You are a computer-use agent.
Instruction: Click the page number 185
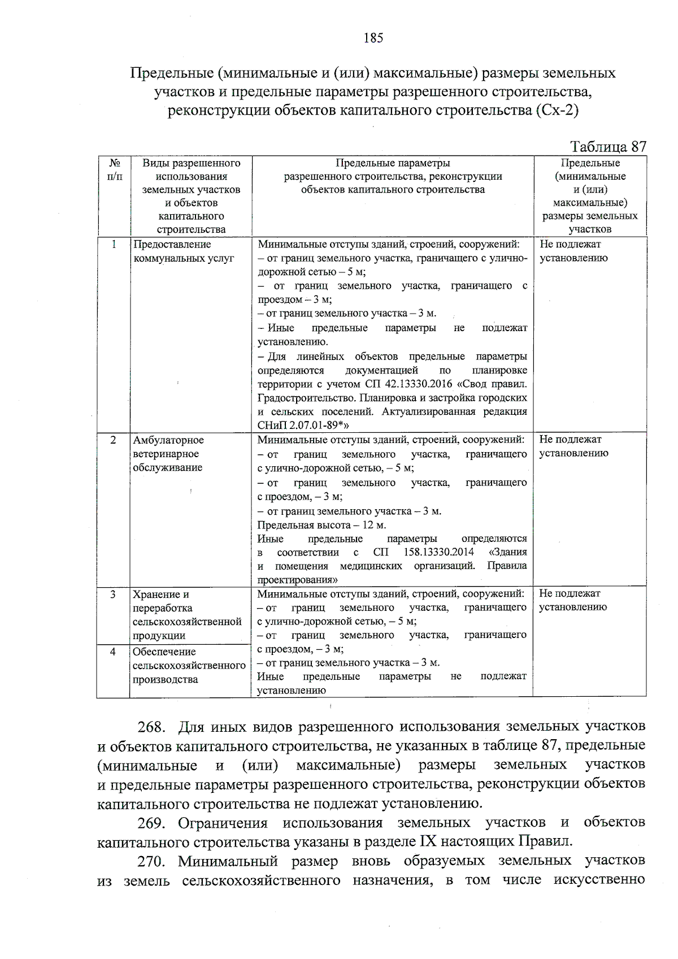pyautogui.click(x=373, y=38)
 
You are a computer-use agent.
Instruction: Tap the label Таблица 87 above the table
pyautogui.click(x=608, y=147)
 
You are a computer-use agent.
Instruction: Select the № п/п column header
pyautogui.click(x=114, y=170)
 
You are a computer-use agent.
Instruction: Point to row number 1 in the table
pyautogui.click(x=114, y=244)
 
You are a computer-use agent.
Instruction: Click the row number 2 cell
pyautogui.click(x=114, y=440)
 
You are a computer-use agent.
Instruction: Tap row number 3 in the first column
pyautogui.click(x=113, y=594)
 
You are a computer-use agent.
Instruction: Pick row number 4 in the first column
pyautogui.click(x=113, y=652)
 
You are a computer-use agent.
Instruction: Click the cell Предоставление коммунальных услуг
pyautogui.click(x=184, y=251)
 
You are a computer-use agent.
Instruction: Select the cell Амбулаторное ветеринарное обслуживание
pyautogui.click(x=168, y=453)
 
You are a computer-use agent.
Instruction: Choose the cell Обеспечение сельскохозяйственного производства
pyautogui.click(x=189, y=665)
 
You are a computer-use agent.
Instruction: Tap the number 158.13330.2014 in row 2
pyautogui.click(x=438, y=552)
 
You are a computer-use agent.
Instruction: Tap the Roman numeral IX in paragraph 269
pyautogui.click(x=428, y=841)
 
